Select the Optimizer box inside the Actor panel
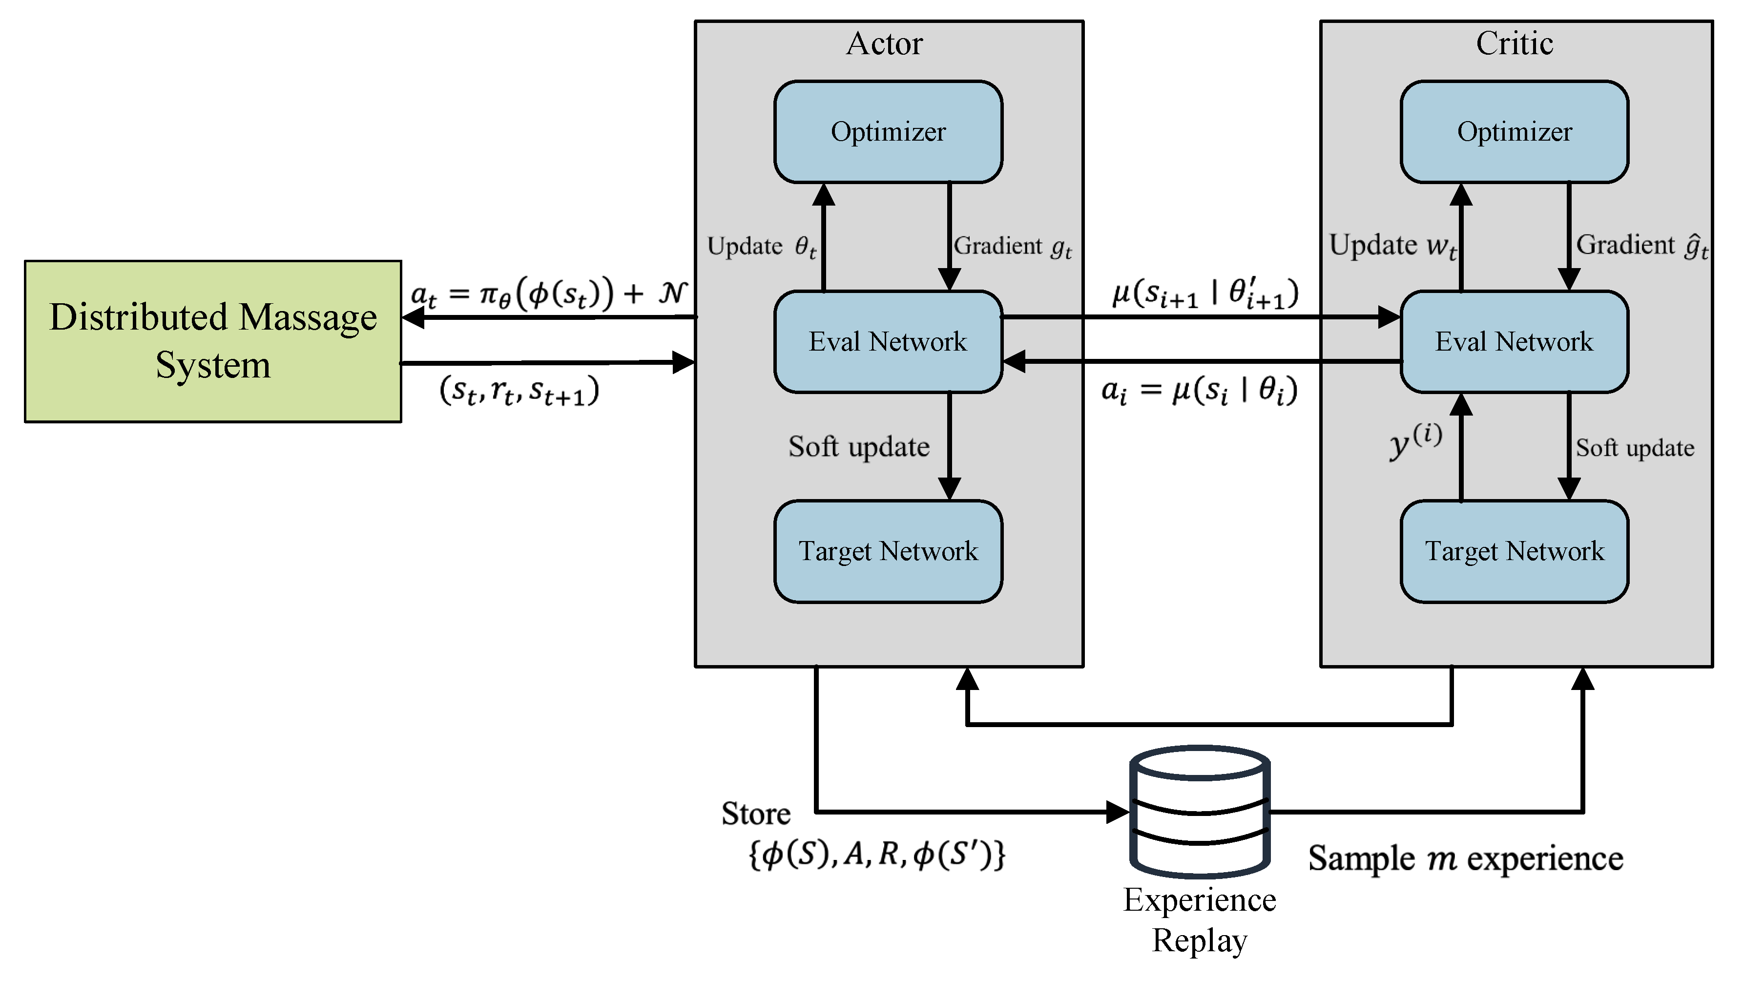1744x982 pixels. click(888, 132)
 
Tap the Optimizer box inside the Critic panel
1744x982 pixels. click(1514, 132)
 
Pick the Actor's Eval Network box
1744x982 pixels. click(888, 341)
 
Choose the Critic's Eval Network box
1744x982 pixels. click(1514, 341)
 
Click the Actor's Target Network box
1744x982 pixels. click(888, 551)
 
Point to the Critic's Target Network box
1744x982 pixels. click(1514, 551)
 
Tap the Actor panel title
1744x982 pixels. click(884, 43)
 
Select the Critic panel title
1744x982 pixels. click(1515, 43)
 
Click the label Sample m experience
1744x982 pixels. click(1465, 859)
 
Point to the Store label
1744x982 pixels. click(755, 814)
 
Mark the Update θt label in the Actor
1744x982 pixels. click(762, 247)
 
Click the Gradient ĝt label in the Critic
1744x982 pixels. click(1642, 245)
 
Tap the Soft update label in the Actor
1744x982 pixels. click(858, 447)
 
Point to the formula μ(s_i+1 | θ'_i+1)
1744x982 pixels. click(1205, 293)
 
